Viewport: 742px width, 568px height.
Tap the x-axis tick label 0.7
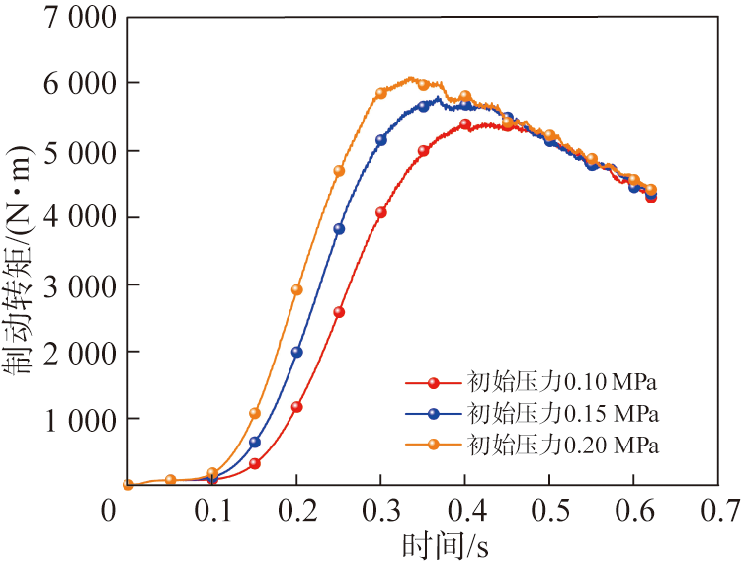(x=720, y=510)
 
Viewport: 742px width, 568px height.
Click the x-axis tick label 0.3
(x=381, y=510)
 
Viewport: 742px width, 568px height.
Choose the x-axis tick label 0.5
(x=550, y=510)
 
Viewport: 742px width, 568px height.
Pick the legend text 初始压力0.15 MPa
(x=562, y=412)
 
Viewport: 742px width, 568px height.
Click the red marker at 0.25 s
(x=339, y=312)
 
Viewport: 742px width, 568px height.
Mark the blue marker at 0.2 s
(x=296, y=352)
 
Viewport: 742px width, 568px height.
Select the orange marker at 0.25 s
(x=339, y=171)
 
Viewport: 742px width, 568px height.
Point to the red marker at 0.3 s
(x=381, y=212)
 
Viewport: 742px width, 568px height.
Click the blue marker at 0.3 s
(x=381, y=140)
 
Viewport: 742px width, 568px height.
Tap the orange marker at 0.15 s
(x=255, y=413)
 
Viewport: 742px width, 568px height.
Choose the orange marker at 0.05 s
(x=170, y=480)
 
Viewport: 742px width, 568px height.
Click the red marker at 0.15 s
(x=255, y=463)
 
